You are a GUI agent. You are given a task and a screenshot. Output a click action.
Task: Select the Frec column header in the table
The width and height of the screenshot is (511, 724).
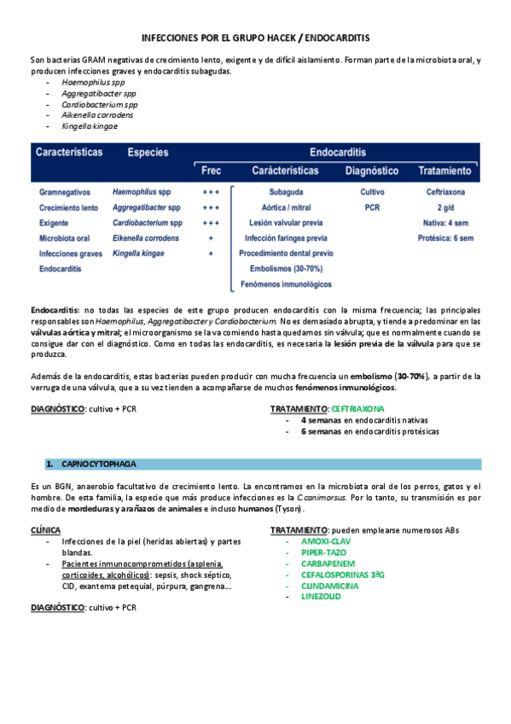pyautogui.click(x=211, y=170)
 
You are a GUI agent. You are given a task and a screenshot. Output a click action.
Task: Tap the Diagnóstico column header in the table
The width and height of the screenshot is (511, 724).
pyautogui.click(x=372, y=170)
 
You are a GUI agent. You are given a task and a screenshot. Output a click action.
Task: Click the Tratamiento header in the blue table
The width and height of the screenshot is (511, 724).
pyautogui.click(x=444, y=170)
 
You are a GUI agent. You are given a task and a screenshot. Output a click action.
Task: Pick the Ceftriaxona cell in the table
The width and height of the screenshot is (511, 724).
pyautogui.click(x=445, y=192)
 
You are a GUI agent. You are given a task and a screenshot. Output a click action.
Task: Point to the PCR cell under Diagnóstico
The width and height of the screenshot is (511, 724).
pyautogui.click(x=372, y=207)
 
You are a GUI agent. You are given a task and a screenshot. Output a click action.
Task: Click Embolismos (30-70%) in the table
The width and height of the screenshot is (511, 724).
pyautogui.click(x=286, y=269)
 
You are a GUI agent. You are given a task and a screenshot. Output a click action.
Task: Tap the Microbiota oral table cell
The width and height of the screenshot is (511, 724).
pyautogui.click(x=65, y=238)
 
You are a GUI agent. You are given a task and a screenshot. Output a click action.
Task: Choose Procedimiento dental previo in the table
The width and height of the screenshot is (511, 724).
pyautogui.click(x=286, y=254)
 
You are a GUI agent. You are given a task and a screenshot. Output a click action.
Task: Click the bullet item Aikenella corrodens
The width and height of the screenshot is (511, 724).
pyautogui.click(x=97, y=114)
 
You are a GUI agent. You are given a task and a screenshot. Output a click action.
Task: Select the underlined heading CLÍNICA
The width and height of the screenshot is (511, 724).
pyautogui.click(x=44, y=529)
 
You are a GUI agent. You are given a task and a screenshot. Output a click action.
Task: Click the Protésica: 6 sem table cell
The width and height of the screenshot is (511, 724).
pyautogui.click(x=445, y=238)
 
